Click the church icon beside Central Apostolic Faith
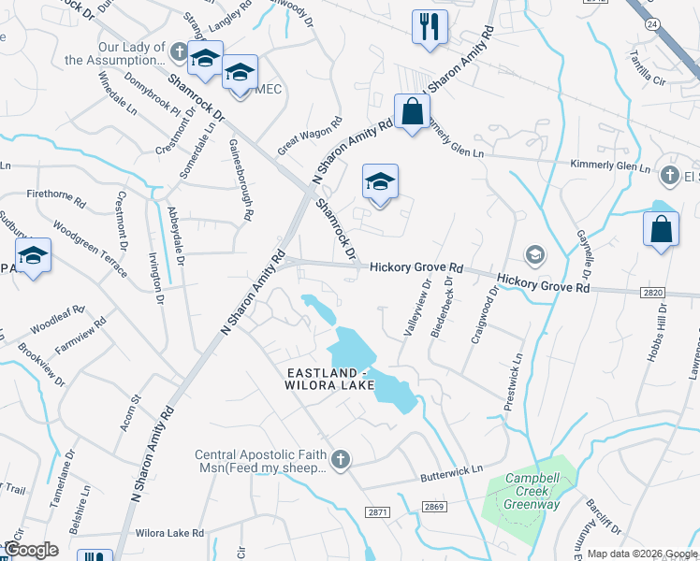pyautogui.click(x=341, y=459)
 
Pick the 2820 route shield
pyautogui.click(x=655, y=294)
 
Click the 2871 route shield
pyautogui.click(x=378, y=511)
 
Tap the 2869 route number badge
pyautogui.click(x=433, y=506)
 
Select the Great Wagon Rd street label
pyautogui.click(x=311, y=136)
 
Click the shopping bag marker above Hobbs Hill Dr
pyautogui.click(x=661, y=229)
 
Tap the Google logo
pyautogui.click(x=31, y=550)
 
